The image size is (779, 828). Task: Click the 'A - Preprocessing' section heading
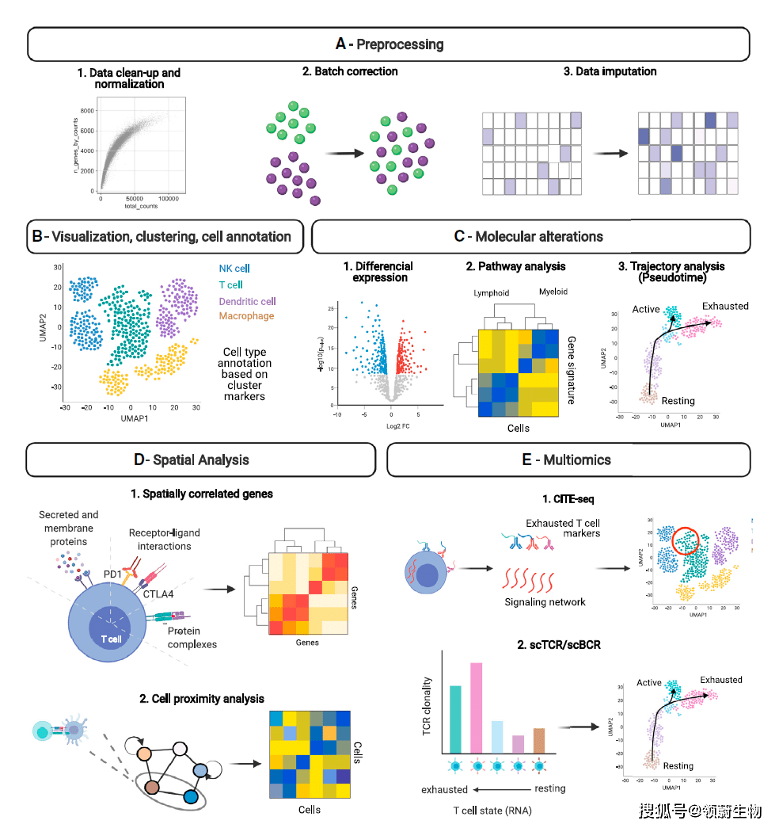(x=388, y=44)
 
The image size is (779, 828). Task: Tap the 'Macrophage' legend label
(x=246, y=316)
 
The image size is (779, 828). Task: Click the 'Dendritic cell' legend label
(x=248, y=300)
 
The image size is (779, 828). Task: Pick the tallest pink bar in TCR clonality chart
(x=477, y=707)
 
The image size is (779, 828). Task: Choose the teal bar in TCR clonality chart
(x=455, y=718)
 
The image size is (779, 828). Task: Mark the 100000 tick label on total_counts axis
(x=169, y=198)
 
